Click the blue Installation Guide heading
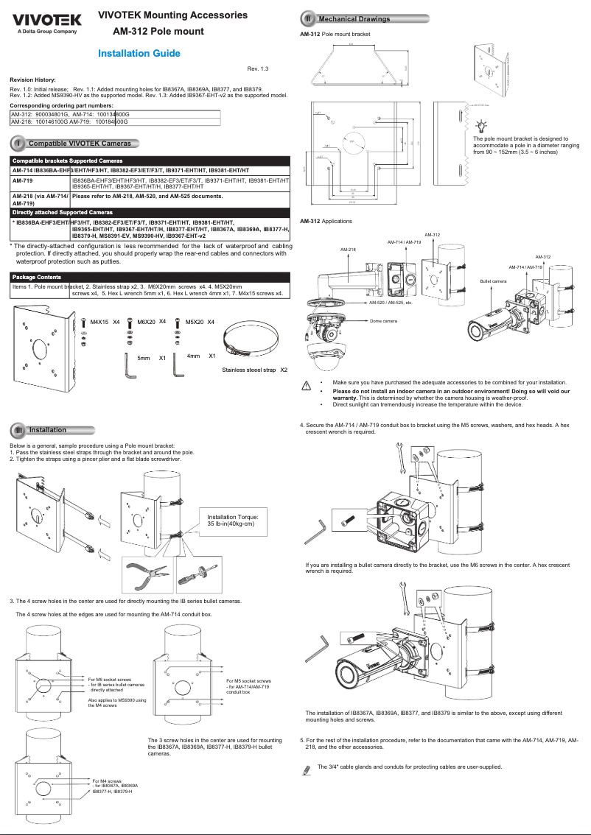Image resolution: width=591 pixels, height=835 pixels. tap(139, 54)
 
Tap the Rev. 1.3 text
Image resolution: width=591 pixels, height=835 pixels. tap(258, 68)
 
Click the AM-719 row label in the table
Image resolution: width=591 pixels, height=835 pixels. tap(24, 180)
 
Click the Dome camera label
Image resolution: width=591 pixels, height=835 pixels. tap(383, 321)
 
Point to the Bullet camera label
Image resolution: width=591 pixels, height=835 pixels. tap(493, 281)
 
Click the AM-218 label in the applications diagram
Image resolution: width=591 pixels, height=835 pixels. tap(348, 250)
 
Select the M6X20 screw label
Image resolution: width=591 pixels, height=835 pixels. tap(146, 322)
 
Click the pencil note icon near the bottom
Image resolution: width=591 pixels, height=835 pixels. tap(307, 769)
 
